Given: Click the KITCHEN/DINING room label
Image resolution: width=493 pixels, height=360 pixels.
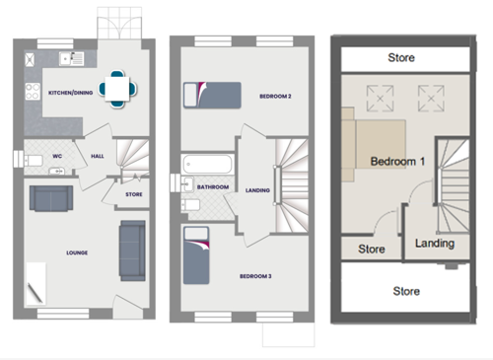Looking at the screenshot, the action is [70, 93].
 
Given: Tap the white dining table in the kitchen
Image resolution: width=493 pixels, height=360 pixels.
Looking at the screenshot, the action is [117, 89].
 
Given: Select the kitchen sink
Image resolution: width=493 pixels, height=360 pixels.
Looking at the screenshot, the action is [72, 59].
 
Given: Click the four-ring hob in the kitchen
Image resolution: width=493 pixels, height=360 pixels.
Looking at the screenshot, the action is [33, 92].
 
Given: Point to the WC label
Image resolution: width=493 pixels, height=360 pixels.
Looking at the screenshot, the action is [57, 156].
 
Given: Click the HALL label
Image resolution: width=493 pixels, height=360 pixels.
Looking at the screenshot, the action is [98, 156].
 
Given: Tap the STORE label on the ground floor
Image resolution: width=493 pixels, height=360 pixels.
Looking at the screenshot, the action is [134, 194].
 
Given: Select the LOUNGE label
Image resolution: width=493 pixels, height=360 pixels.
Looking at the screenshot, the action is [77, 252].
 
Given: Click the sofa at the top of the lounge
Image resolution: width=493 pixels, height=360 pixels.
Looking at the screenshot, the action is [51, 198].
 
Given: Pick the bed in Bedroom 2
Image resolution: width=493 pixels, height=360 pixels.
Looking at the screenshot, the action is [212, 96].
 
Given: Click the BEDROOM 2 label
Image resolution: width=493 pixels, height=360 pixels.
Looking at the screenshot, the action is [275, 97].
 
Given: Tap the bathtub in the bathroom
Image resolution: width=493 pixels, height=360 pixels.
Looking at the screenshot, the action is [207, 164].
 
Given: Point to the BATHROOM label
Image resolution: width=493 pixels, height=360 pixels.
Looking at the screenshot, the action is [213, 187].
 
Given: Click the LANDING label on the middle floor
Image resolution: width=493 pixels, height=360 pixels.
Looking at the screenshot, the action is [257, 190].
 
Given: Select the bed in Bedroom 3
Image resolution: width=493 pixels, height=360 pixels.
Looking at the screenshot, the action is [196, 255].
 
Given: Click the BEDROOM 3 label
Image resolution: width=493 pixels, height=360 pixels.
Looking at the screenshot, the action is [255, 276].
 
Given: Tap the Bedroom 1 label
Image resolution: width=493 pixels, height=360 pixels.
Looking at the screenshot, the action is [397, 162].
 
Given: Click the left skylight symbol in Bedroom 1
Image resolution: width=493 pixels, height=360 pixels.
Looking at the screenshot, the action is [380, 99].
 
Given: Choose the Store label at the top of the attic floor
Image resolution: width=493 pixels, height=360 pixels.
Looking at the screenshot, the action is [401, 58].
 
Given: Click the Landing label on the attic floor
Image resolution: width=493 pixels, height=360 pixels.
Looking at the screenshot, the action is [435, 244].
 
